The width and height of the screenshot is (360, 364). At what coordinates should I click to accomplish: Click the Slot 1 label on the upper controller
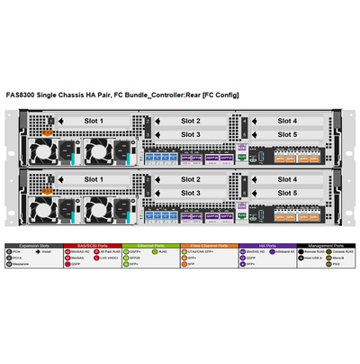pyautogui.click(x=94, y=120)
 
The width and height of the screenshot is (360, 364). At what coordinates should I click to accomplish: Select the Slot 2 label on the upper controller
pyautogui.click(x=190, y=120)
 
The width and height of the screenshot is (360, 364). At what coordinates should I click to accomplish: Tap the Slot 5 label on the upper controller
pyautogui.click(x=287, y=134)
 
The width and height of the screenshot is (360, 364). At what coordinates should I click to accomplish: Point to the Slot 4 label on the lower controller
pyautogui.click(x=287, y=179)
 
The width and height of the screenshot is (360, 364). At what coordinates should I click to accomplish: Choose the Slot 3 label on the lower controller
pyautogui.click(x=190, y=193)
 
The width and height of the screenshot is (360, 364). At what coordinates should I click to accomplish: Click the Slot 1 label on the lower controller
pyautogui.click(x=94, y=179)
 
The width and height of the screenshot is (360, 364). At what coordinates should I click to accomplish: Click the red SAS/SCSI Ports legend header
pyautogui.click(x=91, y=245)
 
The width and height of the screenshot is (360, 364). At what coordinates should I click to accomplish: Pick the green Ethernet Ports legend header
pyautogui.click(x=148, y=245)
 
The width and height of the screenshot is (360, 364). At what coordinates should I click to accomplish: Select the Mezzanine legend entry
pyautogui.click(x=22, y=265)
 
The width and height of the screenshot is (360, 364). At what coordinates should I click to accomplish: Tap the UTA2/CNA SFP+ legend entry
pyautogui.click(x=200, y=252)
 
